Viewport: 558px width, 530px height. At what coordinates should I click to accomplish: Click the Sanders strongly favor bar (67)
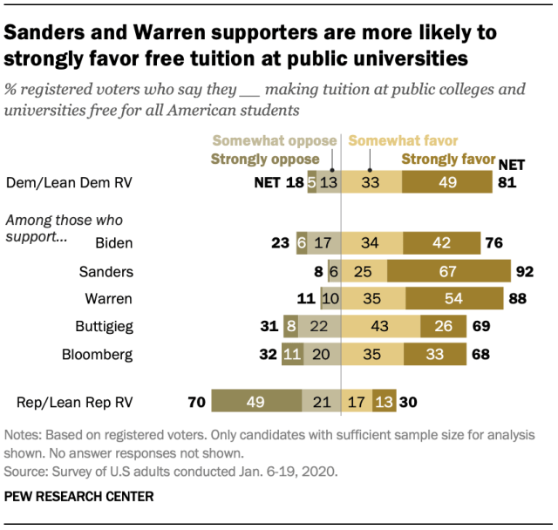pos(448,270)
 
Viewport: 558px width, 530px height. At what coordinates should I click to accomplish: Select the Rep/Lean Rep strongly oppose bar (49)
pos(255,403)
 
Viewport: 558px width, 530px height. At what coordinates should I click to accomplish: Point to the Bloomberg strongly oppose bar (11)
pos(291,355)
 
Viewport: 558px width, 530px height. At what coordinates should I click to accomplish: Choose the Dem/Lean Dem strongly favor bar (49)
pos(446,183)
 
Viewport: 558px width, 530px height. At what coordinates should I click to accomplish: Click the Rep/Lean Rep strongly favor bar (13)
pos(384,403)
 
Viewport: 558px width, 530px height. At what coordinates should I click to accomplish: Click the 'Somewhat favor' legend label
pos(404,141)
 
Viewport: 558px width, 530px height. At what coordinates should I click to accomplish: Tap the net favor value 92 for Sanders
pos(524,270)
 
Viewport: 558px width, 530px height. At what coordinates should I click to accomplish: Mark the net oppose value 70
pos(196,403)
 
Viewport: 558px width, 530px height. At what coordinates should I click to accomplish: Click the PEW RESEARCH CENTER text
pos(78,497)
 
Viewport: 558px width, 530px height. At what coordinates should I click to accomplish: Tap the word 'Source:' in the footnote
pos(26,472)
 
